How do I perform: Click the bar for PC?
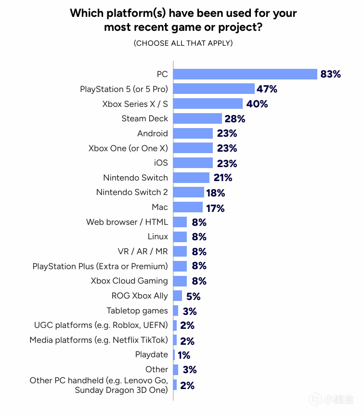click(x=245, y=74)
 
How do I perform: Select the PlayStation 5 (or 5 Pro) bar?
click(x=214, y=89)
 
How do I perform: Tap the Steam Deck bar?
click(x=197, y=118)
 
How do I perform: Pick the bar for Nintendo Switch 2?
click(x=188, y=192)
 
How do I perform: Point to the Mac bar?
click(x=188, y=207)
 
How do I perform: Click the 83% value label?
click(x=330, y=74)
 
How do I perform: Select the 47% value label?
click(x=268, y=89)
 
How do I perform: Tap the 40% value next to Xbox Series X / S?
click(x=257, y=104)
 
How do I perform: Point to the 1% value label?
click(x=183, y=355)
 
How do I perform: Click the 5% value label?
click(x=193, y=296)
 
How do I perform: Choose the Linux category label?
click(x=158, y=236)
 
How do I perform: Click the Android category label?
click(x=153, y=133)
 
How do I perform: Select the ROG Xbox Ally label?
click(x=140, y=296)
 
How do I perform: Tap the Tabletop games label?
click(x=137, y=311)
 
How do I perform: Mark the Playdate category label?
click(x=152, y=355)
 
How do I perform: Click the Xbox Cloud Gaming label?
click(x=129, y=281)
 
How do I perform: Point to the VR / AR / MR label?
click(x=143, y=251)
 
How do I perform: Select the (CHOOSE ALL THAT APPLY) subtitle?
click(x=183, y=43)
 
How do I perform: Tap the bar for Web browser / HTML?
click(x=180, y=222)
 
